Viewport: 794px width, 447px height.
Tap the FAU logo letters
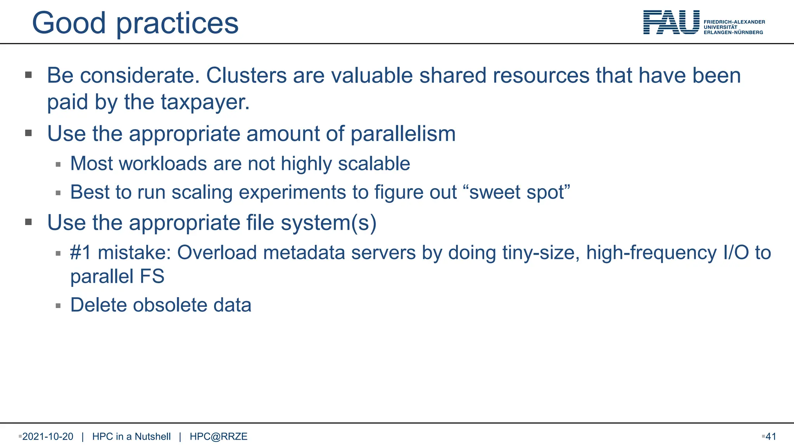[x=671, y=23]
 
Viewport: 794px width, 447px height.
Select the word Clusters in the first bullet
[x=246, y=75]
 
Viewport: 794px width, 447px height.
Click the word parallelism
[x=403, y=134]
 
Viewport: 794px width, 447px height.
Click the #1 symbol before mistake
[x=81, y=253]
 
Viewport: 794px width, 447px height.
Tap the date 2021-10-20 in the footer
[x=48, y=437]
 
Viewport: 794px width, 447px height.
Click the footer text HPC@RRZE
[x=218, y=437]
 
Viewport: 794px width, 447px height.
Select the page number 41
[x=771, y=437]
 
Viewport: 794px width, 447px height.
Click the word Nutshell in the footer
[x=152, y=437]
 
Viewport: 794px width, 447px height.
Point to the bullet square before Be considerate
[x=28, y=74]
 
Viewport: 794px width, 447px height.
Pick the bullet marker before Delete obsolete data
[x=58, y=306]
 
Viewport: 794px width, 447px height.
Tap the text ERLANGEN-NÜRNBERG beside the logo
[x=733, y=33]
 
